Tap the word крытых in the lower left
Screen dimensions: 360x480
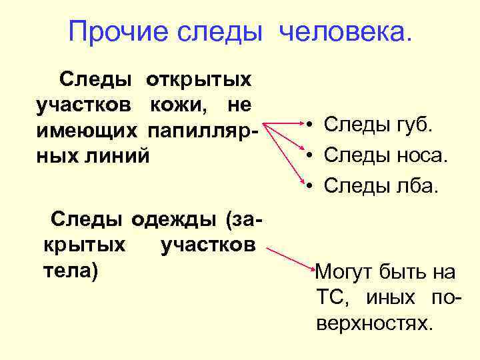tap(84, 245)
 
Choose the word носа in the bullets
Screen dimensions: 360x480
tap(423, 157)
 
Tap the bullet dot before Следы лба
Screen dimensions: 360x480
tap(310, 187)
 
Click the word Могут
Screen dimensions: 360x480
tap(345, 272)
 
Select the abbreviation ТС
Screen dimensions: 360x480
tap(329, 297)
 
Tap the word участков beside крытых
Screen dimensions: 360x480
tap(207, 245)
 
